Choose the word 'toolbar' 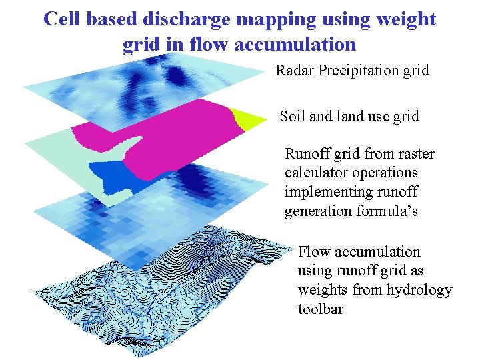[321, 309]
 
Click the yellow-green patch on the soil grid [247, 119]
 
